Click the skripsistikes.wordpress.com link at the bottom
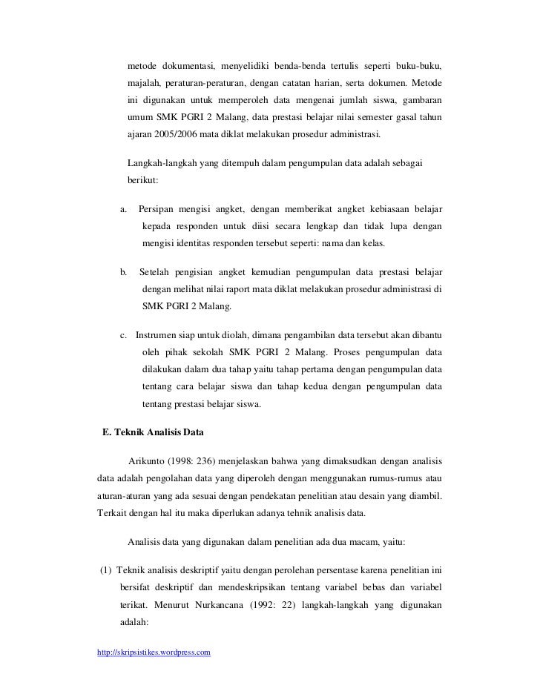[x=154, y=652]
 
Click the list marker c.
[x=124, y=334]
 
